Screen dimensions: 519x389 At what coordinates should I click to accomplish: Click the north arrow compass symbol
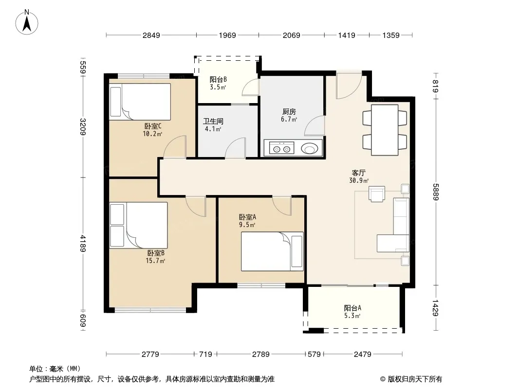coord(27,22)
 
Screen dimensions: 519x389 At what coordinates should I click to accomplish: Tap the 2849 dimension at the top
coord(151,35)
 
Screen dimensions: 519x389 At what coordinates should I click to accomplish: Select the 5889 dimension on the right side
coord(436,192)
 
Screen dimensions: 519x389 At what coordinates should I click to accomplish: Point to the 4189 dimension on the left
coord(83,243)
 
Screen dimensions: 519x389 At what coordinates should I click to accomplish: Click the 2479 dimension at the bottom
coord(362,354)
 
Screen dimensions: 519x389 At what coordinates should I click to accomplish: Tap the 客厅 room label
coord(358,173)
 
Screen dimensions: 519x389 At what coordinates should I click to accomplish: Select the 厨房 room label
coord(289,112)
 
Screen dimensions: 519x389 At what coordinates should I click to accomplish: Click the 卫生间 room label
coord(213,121)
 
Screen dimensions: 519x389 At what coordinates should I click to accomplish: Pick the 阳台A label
coord(352,308)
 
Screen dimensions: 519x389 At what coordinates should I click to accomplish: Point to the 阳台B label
coord(218,80)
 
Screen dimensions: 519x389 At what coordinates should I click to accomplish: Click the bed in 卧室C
coord(140,102)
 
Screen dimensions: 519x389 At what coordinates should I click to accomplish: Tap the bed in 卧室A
coord(272,251)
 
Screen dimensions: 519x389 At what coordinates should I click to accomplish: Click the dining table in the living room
coord(385,130)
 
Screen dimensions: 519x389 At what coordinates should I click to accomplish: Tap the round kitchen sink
coord(310,149)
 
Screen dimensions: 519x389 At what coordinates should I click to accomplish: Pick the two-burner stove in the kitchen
coord(282,148)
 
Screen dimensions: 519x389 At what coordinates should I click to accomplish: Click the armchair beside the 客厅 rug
coord(377,194)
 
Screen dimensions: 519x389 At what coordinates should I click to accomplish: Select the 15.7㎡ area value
coord(155,261)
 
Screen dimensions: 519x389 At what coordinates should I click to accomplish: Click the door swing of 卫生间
coord(235,148)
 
